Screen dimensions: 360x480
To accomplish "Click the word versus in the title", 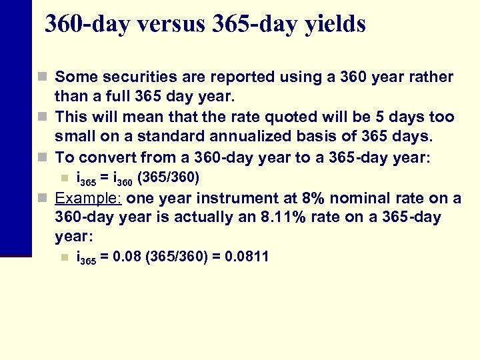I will pyautogui.click(x=167, y=24).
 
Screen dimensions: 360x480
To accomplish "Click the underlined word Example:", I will pyautogui.click(x=88, y=198).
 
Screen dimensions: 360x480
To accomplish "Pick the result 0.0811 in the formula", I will pyautogui.click(x=247, y=257).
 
